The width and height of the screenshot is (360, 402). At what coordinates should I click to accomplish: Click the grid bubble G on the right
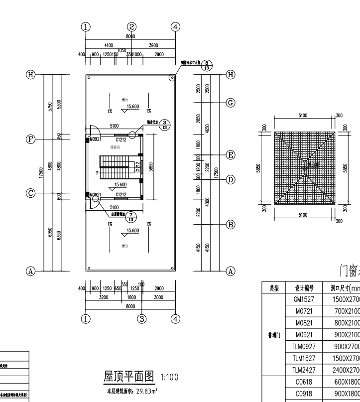[231, 103]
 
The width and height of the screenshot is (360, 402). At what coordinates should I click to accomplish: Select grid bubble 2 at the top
[131, 27]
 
